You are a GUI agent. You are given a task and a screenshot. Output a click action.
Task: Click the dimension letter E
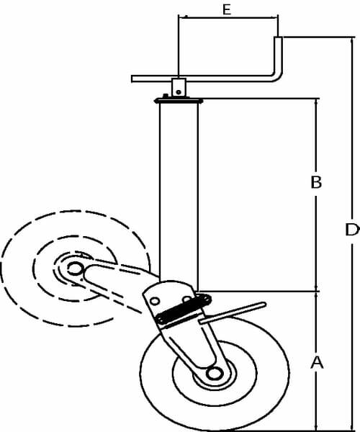(226, 9)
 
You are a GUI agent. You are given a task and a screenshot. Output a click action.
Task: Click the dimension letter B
(316, 182)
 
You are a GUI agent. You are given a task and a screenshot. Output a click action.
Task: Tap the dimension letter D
(352, 230)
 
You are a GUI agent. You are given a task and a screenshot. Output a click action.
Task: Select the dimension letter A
(317, 362)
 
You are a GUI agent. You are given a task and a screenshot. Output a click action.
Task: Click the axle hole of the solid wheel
(215, 374)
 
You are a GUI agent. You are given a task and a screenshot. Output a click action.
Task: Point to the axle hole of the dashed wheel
(75, 269)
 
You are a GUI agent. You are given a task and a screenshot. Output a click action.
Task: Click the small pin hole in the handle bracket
(179, 92)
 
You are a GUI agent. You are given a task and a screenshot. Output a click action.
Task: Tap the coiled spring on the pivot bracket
(183, 309)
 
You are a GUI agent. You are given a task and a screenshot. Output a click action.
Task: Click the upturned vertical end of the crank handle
(278, 55)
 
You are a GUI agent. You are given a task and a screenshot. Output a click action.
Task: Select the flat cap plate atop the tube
(179, 101)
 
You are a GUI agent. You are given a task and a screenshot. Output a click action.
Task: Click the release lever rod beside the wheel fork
(233, 312)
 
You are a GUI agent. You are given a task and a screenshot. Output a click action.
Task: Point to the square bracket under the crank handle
(179, 87)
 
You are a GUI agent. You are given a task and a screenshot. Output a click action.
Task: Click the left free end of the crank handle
(132, 78)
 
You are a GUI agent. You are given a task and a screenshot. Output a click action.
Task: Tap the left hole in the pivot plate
(155, 301)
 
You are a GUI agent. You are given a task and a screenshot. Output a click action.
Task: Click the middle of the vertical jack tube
(179, 193)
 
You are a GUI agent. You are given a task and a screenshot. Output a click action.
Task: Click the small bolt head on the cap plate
(166, 96)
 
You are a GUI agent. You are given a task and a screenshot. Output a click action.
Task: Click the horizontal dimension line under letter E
(228, 17)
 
